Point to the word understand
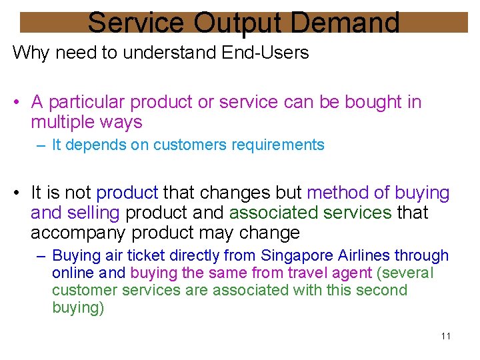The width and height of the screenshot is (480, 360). (x=155, y=53)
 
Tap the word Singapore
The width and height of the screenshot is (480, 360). (x=293, y=255)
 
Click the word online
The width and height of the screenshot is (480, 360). (x=73, y=273)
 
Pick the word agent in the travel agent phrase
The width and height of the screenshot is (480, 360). (x=353, y=273)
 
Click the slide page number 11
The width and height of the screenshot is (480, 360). (x=446, y=335)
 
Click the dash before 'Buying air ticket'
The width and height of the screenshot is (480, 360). (x=42, y=255)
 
